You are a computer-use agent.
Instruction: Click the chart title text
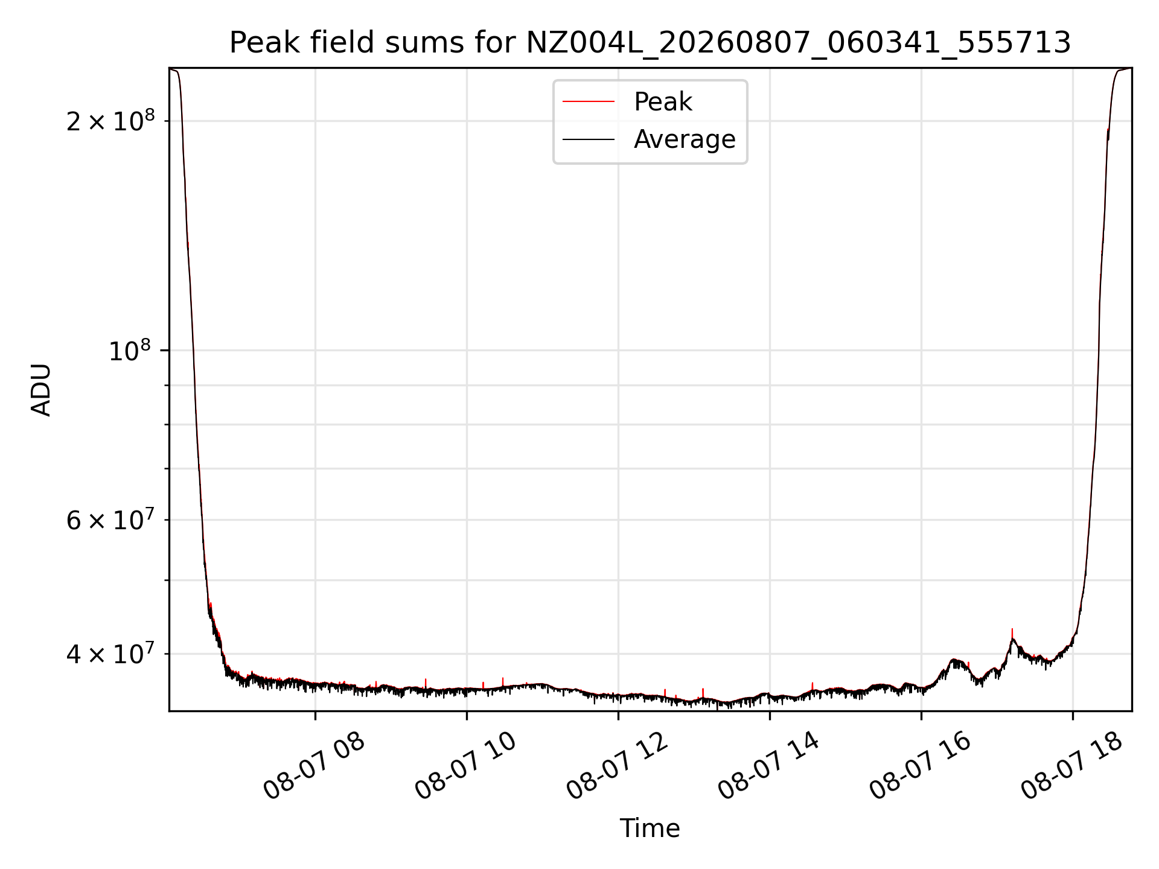click(x=650, y=43)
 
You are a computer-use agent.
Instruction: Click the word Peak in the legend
click(x=663, y=102)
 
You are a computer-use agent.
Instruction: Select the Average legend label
click(x=685, y=139)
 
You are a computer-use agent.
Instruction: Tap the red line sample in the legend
click(x=589, y=102)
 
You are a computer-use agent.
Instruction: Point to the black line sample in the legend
click(x=589, y=139)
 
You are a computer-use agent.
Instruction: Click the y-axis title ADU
click(x=41, y=390)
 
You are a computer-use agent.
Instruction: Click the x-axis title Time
click(x=650, y=829)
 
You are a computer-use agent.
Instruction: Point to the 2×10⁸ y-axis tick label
click(x=110, y=121)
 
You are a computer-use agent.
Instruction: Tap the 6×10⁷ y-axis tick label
click(x=110, y=520)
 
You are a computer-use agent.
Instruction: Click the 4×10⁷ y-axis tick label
click(x=110, y=654)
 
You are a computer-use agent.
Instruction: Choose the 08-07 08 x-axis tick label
click(x=314, y=766)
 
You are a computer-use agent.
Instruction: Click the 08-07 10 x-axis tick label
click(x=466, y=766)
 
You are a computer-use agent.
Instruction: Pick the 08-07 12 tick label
click(x=618, y=766)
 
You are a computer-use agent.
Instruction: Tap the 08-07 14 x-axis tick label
click(x=769, y=766)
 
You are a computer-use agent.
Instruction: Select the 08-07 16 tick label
click(x=921, y=766)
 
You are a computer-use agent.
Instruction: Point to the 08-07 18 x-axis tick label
click(x=1072, y=766)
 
